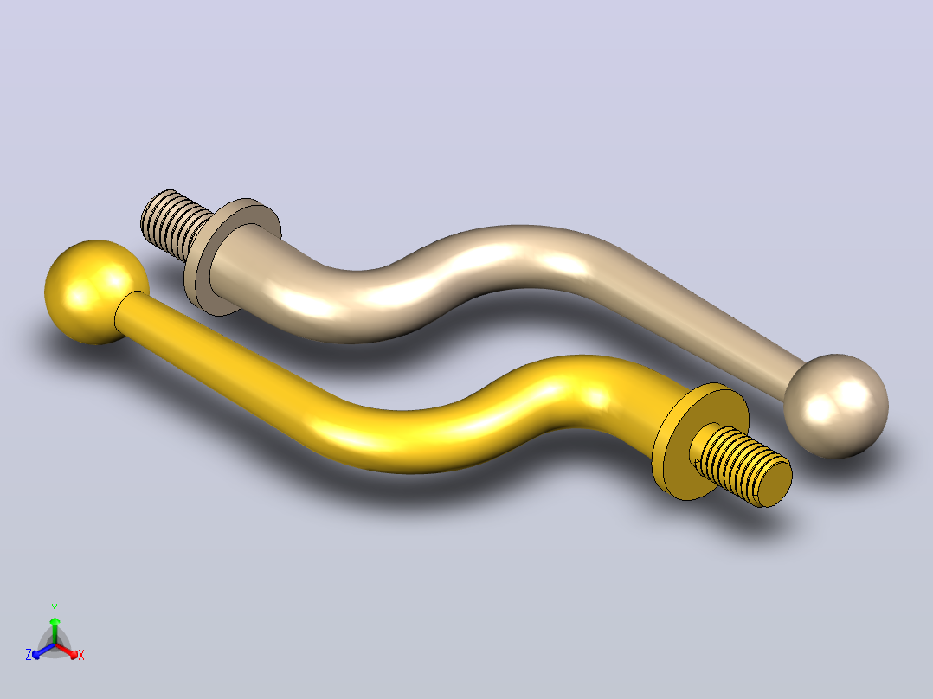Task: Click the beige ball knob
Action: pyautogui.click(x=836, y=407)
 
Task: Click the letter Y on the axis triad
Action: pyautogui.click(x=55, y=608)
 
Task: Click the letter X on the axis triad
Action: pyautogui.click(x=81, y=655)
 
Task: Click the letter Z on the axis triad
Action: pyautogui.click(x=29, y=654)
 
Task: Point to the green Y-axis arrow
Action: pyautogui.click(x=55, y=630)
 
